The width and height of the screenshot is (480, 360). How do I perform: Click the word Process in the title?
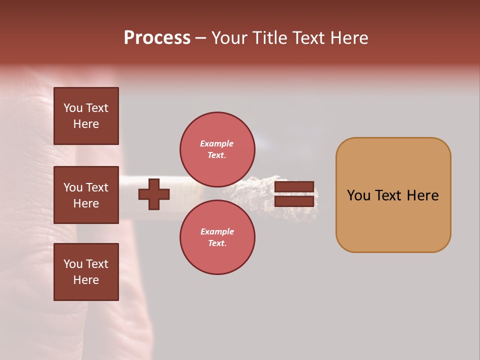point(157,38)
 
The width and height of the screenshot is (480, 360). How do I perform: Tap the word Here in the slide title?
point(348,38)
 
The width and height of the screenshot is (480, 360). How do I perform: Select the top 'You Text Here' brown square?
point(86,116)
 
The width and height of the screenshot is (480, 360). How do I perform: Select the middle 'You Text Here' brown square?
point(86,195)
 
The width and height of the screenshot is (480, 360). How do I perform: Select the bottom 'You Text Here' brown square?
point(86,271)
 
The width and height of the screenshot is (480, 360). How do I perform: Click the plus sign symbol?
point(154,194)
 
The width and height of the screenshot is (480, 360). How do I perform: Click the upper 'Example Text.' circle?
point(217,149)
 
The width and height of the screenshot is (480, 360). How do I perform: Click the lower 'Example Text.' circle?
point(217,237)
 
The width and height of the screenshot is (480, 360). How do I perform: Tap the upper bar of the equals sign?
point(294,187)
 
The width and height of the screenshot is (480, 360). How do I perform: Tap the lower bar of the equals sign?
point(294,201)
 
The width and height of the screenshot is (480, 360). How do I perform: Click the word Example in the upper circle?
point(216,143)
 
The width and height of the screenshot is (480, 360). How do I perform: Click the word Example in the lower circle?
point(216,231)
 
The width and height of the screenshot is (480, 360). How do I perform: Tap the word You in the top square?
point(73,108)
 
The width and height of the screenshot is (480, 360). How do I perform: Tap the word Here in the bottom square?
point(86,280)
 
